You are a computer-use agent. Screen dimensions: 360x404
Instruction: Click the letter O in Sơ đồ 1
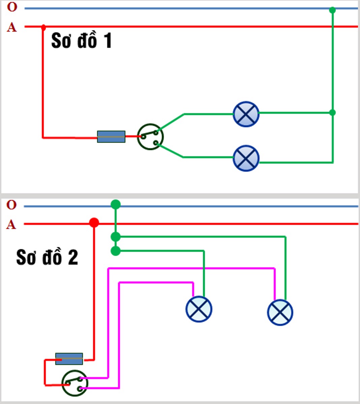[12, 7]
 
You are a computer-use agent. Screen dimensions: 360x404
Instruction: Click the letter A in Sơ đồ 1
[12, 27]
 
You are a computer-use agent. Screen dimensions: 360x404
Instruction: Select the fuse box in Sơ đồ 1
[111, 137]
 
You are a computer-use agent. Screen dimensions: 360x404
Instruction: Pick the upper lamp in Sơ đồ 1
[246, 114]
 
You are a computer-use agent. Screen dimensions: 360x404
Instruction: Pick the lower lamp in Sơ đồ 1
[246, 158]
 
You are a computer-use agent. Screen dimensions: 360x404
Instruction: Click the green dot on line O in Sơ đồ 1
[332, 10]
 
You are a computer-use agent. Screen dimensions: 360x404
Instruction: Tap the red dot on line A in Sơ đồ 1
[43, 27]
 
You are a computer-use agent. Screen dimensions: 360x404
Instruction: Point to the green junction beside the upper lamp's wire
[332, 113]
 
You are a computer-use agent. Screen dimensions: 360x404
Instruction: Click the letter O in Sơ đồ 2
[11, 205]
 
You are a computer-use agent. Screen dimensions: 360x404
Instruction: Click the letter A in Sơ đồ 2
[11, 225]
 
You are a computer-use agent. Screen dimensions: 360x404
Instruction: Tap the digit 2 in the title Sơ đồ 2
[73, 257]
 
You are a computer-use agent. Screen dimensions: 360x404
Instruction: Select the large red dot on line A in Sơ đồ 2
[94, 223]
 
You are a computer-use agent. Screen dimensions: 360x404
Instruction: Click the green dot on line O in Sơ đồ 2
[116, 204]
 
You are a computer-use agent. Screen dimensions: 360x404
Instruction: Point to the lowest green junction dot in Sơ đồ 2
[116, 251]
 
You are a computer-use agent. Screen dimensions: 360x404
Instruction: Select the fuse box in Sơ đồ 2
[69, 359]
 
